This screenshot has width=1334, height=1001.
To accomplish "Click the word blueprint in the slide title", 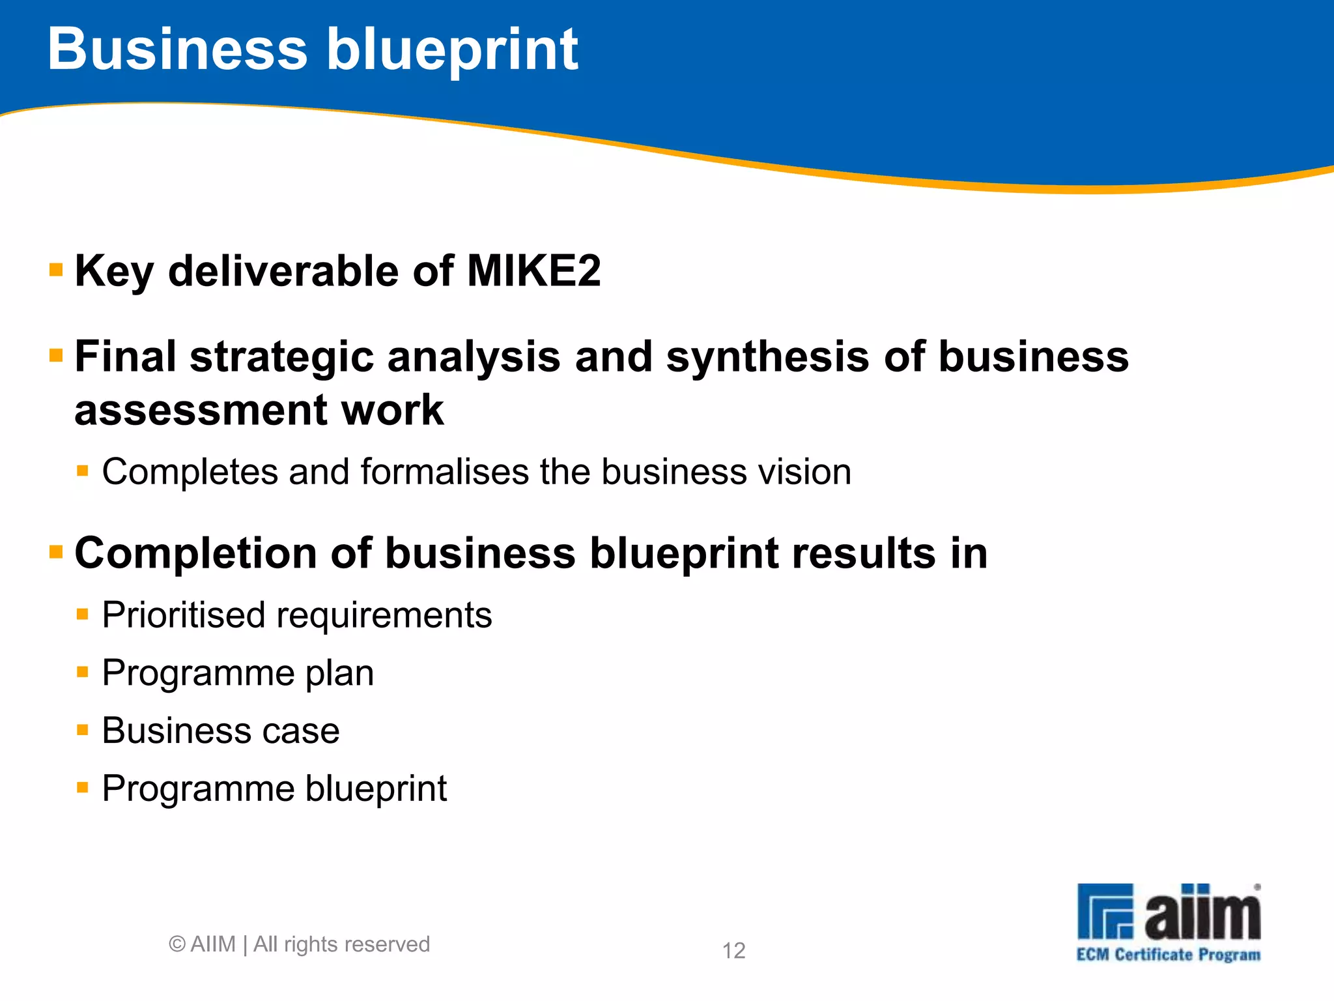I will click(x=452, y=52).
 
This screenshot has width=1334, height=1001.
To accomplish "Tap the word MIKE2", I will click(x=533, y=270).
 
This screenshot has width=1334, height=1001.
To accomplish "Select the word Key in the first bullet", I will click(x=114, y=272).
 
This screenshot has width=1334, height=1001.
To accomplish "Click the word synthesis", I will click(x=767, y=357).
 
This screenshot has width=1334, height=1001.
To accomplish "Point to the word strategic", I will click(x=281, y=358).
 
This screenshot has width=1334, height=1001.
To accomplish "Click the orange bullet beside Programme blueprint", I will click(x=82, y=788).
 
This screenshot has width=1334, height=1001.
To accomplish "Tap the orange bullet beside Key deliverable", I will click(x=56, y=269).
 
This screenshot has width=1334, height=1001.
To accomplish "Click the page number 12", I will click(x=733, y=951).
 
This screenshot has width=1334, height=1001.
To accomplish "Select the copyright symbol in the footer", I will click(x=177, y=944).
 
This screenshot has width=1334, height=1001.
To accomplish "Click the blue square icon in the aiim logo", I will click(x=1105, y=911).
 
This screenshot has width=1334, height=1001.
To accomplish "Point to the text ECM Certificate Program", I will click(x=1169, y=955).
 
